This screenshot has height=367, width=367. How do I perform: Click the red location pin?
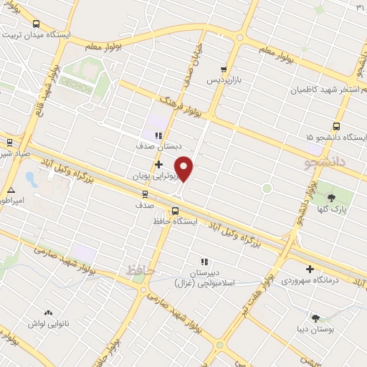(x=185, y=168)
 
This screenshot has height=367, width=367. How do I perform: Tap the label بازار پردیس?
(x=223, y=80)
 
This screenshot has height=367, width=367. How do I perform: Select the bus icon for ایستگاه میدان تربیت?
(x=37, y=23)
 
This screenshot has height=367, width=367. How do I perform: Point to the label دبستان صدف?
(x=152, y=146)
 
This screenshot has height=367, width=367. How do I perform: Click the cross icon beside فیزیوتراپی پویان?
(x=158, y=164)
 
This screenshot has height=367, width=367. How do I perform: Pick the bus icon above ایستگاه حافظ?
(x=175, y=210)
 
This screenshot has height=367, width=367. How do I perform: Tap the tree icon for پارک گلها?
(x=331, y=197)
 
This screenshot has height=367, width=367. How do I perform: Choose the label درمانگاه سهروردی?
(x=310, y=280)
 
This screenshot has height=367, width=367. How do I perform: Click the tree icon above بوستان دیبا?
(x=316, y=316)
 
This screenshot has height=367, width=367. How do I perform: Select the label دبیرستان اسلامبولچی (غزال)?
(x=204, y=277)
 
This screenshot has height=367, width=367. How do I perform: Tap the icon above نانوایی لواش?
(x=48, y=313)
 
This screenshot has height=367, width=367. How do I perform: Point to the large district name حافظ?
(x=140, y=270)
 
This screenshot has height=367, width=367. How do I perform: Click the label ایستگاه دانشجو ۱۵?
(x=325, y=137)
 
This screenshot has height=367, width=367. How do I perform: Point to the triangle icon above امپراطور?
(x=11, y=189)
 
